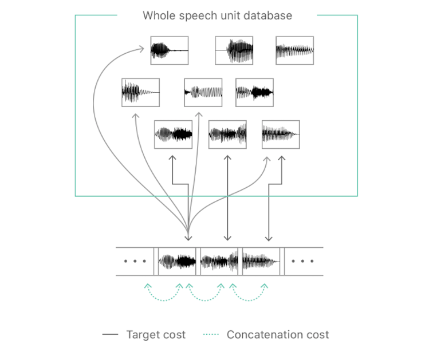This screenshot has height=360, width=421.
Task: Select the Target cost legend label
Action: pyautogui.click(x=156, y=335)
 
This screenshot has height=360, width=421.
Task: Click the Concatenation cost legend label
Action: pyautogui.click(x=278, y=335)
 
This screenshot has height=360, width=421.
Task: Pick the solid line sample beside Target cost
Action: pyautogui.click(x=110, y=335)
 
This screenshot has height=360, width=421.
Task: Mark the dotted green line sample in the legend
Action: pyautogui.click(x=210, y=335)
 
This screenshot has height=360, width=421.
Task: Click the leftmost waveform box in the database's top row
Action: pyautogui.click(x=169, y=51)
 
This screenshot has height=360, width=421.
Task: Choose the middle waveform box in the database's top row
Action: pyautogui.click(x=234, y=51)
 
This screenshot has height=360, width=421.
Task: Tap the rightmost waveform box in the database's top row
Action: pyautogui.click(x=294, y=51)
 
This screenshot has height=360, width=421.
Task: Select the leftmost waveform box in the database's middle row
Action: pyautogui.click(x=140, y=93)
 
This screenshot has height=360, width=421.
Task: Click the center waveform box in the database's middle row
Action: pyautogui.click(x=203, y=93)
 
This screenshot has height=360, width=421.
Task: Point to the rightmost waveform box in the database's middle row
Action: pyautogui.click(x=254, y=93)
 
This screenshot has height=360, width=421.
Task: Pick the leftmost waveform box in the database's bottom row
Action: pyautogui.click(x=173, y=134)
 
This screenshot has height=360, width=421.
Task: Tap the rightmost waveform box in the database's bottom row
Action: pyautogui.click(x=281, y=134)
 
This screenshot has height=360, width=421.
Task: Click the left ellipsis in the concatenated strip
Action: pyautogui.click(x=135, y=262)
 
